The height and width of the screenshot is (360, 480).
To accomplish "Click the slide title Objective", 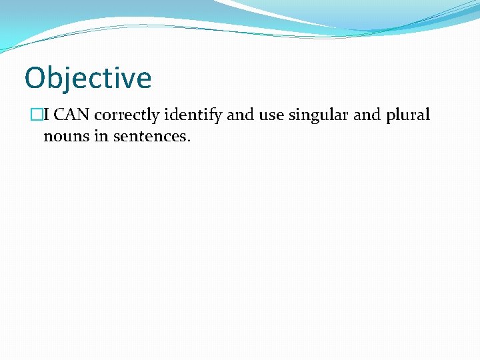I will pyautogui.click(x=88, y=78).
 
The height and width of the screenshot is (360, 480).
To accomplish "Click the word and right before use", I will pyautogui.click(x=241, y=115).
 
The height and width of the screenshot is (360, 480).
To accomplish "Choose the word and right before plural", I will pyautogui.click(x=367, y=115).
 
